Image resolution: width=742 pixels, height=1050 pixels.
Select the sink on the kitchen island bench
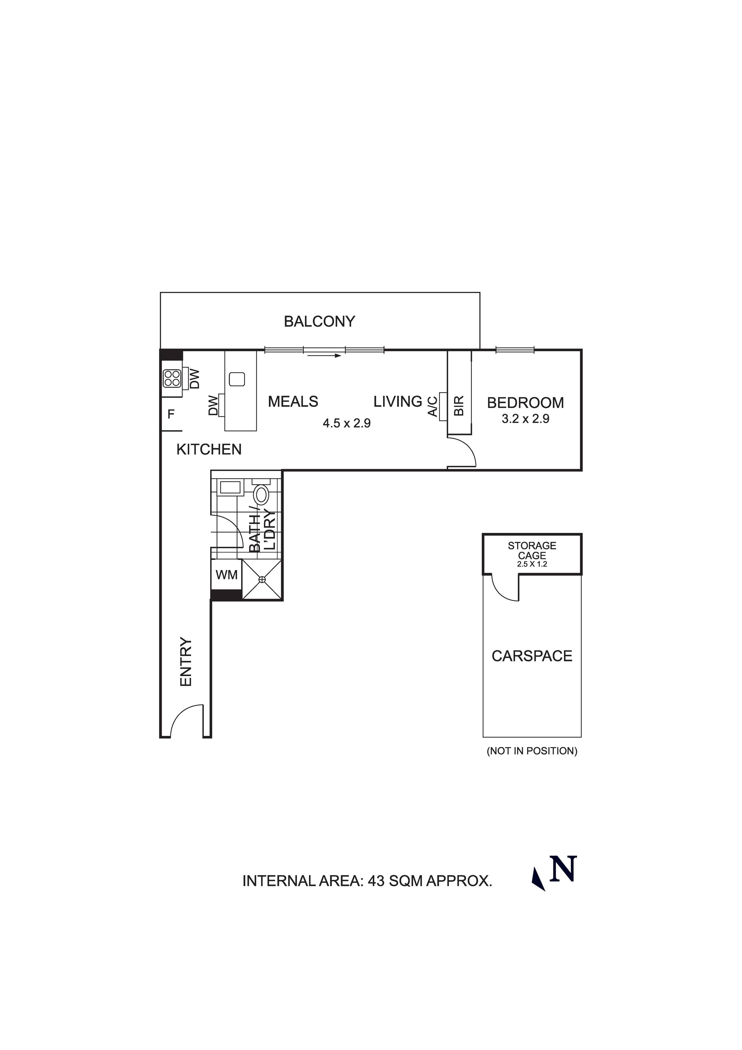coord(237,379)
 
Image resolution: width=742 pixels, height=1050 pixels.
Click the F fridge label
coord(171,414)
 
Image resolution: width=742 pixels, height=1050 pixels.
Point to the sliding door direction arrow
coord(324,355)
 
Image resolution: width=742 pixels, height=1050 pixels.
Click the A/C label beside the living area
coord(432,406)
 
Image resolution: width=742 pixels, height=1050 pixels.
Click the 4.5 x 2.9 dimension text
coord(347,423)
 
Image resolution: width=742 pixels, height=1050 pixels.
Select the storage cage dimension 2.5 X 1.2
coord(532,564)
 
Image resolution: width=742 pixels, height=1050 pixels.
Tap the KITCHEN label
coord(209,449)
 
